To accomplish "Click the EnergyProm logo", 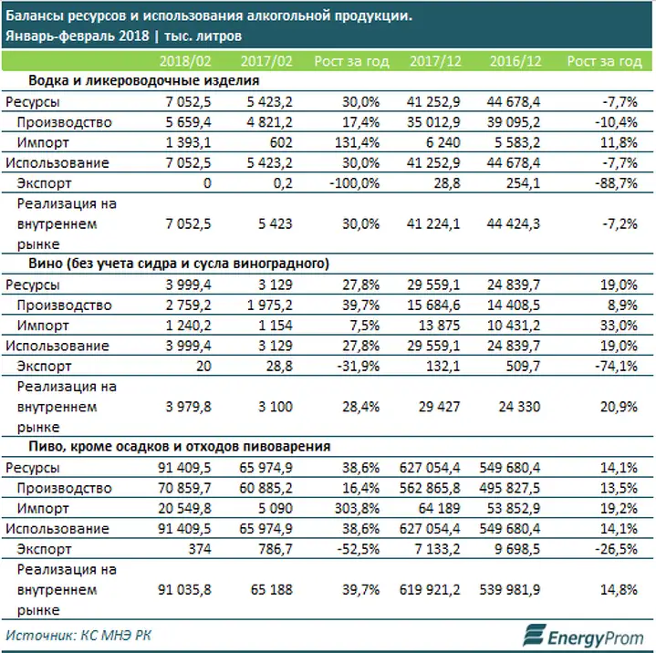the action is [x=583, y=636].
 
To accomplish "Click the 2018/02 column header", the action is [x=185, y=61].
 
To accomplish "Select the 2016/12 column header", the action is [x=515, y=61].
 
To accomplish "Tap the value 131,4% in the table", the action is [x=357, y=142].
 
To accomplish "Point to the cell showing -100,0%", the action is [x=354, y=183].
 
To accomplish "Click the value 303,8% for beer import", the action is [x=357, y=509].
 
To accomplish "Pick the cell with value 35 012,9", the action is [x=433, y=122].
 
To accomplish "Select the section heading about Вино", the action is [x=179, y=264].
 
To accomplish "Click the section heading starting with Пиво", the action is [x=179, y=447].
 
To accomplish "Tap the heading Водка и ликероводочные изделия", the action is [x=143, y=80].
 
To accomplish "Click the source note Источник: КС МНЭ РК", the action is [x=78, y=636].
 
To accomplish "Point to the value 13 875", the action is [x=439, y=326].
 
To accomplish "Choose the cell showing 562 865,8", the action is [x=430, y=488].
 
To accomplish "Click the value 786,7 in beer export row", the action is [x=276, y=549].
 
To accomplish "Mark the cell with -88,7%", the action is [x=616, y=183].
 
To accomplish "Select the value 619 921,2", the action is [x=430, y=590].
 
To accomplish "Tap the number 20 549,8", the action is [x=184, y=509].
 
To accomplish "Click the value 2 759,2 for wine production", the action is [x=188, y=306].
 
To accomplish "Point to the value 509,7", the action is [x=523, y=367].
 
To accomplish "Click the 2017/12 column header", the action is [x=435, y=61].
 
